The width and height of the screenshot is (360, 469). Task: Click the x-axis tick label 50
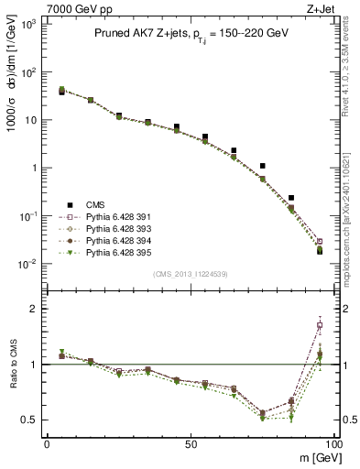tap(190, 442)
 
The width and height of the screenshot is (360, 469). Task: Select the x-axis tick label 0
tap(47, 442)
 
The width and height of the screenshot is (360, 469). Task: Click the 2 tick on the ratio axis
tap(35, 309)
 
